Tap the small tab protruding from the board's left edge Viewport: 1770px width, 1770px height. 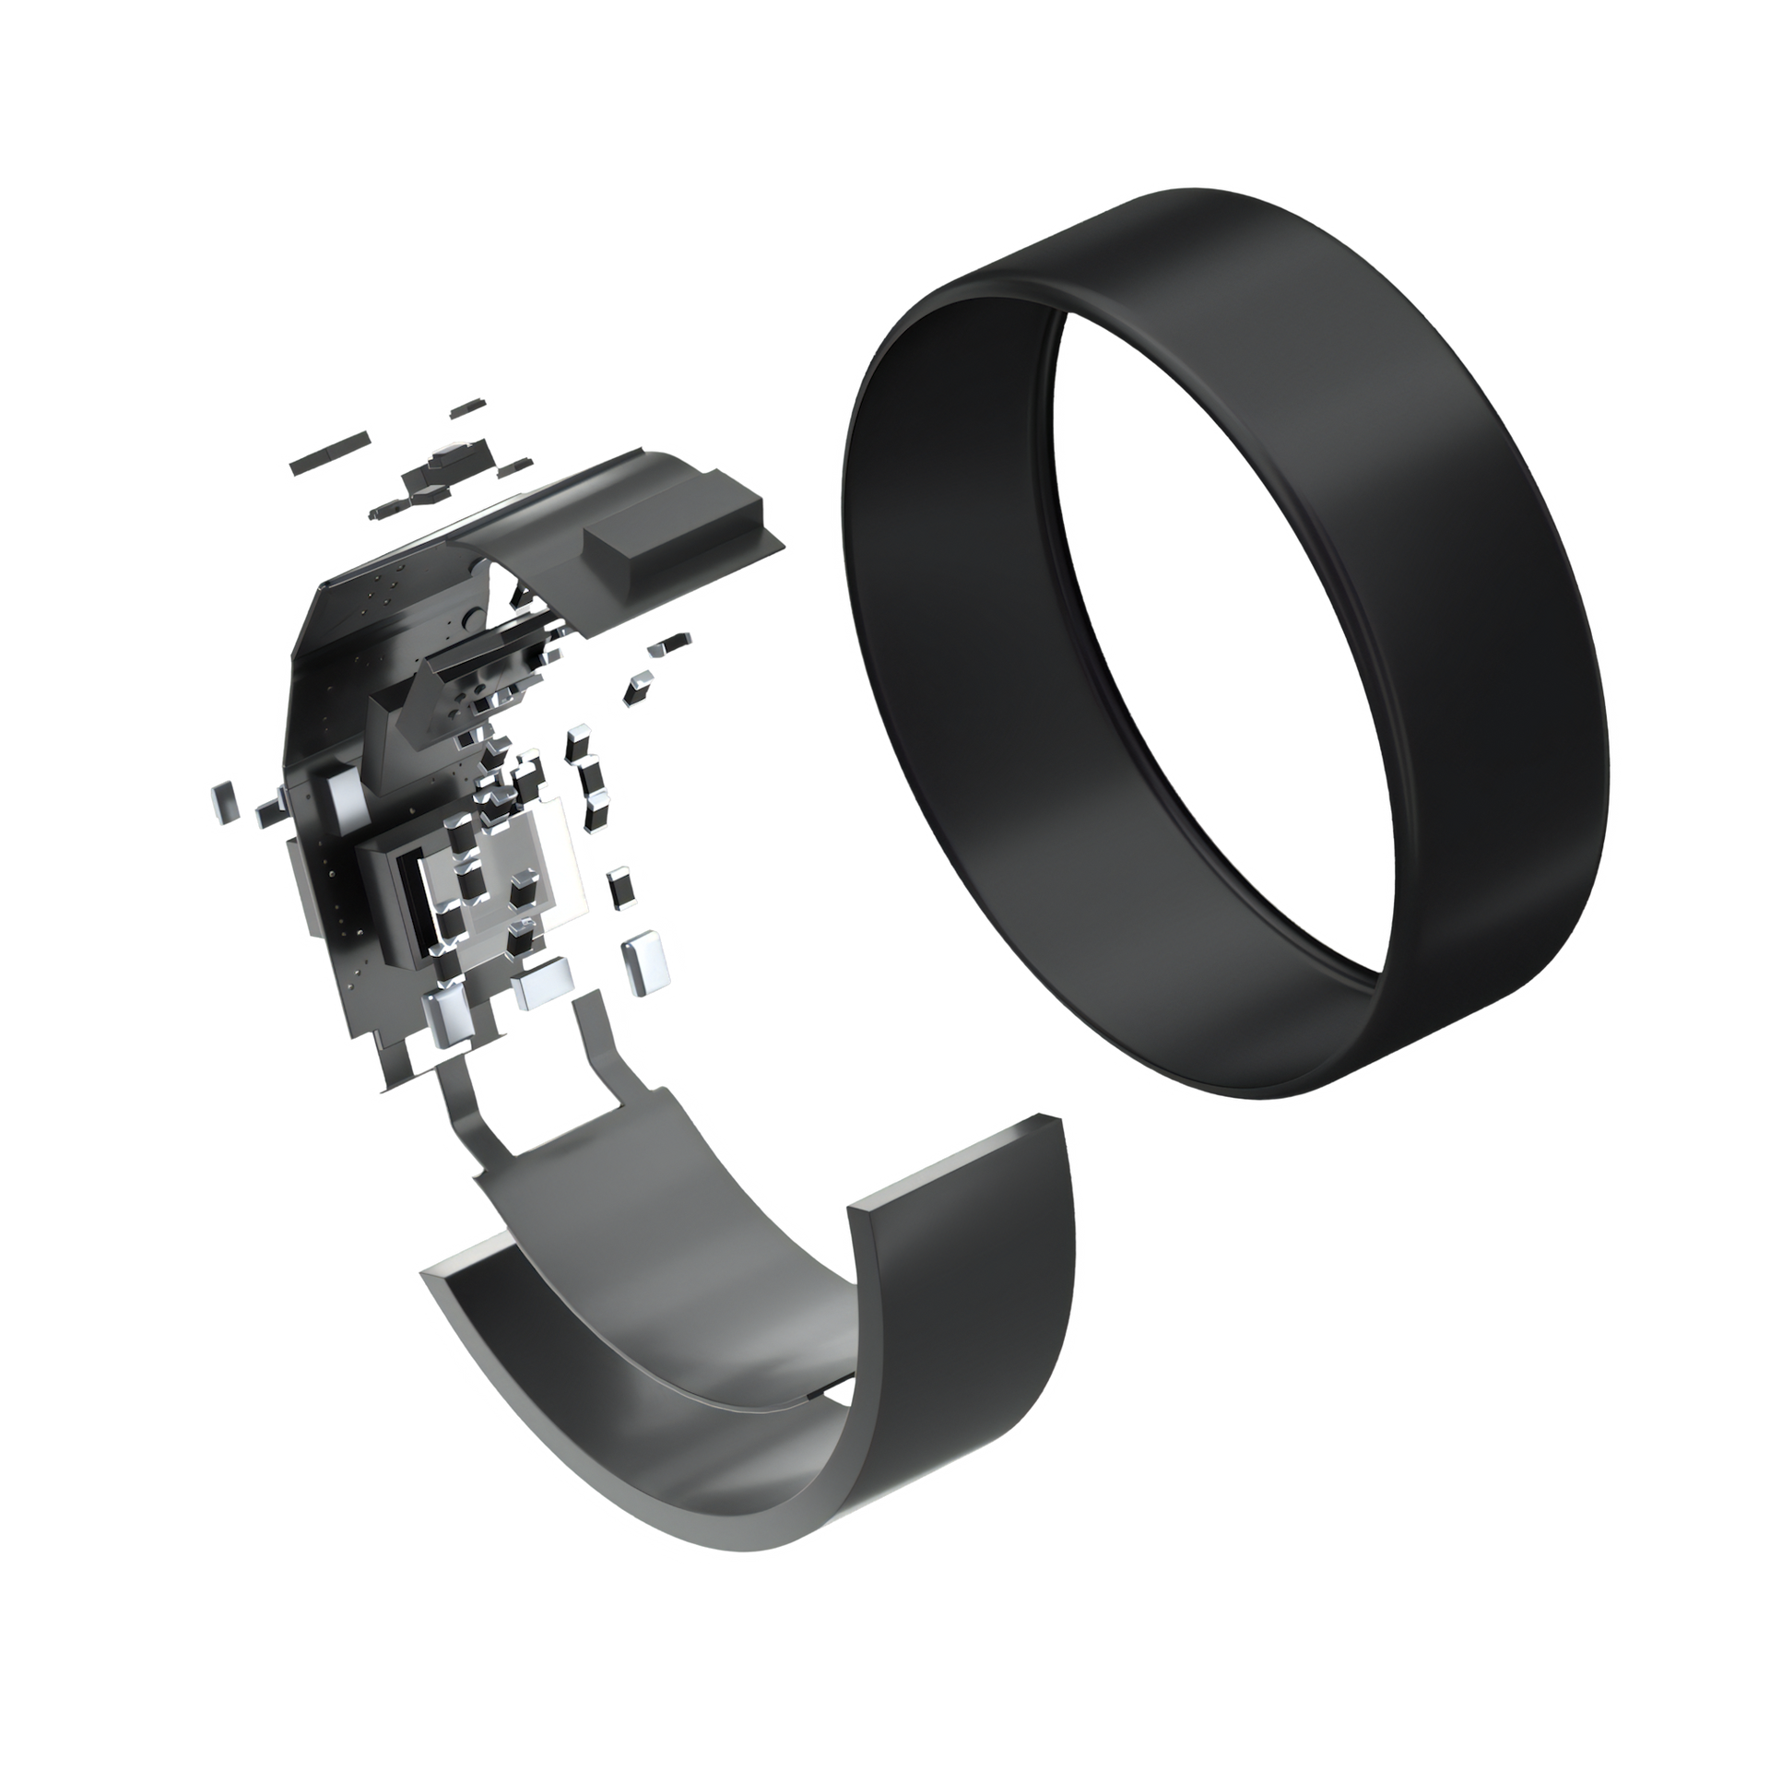(267, 810)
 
